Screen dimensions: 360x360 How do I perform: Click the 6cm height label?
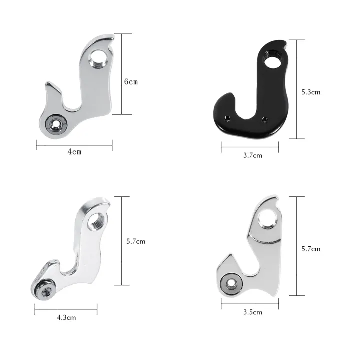tap(131, 82)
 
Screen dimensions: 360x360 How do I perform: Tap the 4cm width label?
tap(74, 152)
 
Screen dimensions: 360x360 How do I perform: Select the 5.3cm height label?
tap(311, 92)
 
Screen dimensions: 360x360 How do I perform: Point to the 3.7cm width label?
tap(252, 155)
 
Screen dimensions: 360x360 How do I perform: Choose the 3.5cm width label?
tap(252, 312)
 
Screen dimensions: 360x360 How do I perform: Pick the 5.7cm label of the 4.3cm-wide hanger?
tap(136, 241)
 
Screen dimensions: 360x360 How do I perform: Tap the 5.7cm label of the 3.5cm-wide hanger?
tap(311, 249)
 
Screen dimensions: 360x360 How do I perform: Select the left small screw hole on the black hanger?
tap(229, 118)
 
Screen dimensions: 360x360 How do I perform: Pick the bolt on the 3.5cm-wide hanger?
tap(230, 283)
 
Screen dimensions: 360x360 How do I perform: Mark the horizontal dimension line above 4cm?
tap(74, 145)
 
